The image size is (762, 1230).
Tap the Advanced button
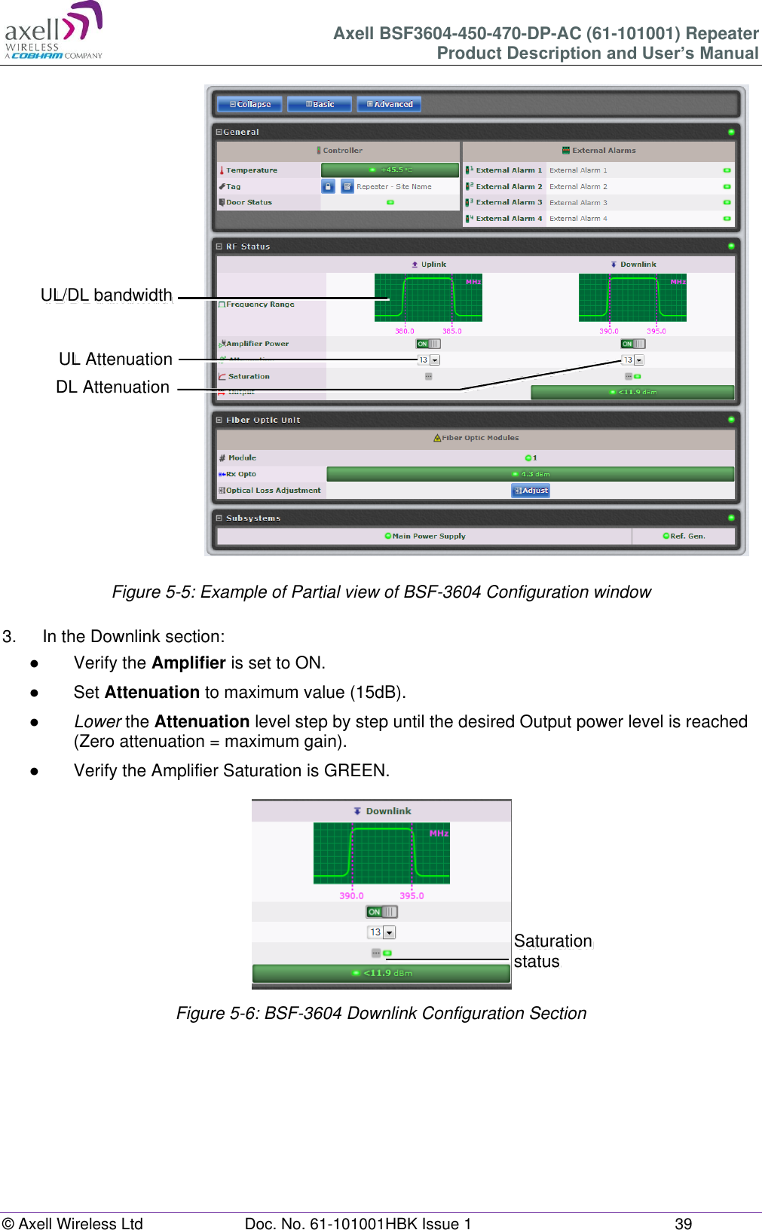389,104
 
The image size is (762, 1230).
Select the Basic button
320,104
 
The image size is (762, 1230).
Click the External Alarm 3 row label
504,202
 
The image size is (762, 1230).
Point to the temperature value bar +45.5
390,170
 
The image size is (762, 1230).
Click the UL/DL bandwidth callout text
106,295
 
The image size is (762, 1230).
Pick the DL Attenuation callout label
112,387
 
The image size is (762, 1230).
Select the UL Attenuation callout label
115,359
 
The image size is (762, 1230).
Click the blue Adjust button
531,490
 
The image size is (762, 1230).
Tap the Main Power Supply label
425,536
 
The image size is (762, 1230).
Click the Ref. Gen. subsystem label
684,536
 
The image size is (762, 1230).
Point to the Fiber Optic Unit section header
262,420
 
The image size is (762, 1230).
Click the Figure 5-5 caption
381,592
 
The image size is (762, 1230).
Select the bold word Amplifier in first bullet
188,662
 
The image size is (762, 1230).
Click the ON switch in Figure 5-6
381,912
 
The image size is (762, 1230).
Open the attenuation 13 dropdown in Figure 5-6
389,932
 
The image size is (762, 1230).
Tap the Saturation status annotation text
552,950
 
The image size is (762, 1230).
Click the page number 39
683,1223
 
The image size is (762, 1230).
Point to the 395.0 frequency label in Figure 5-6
412,895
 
